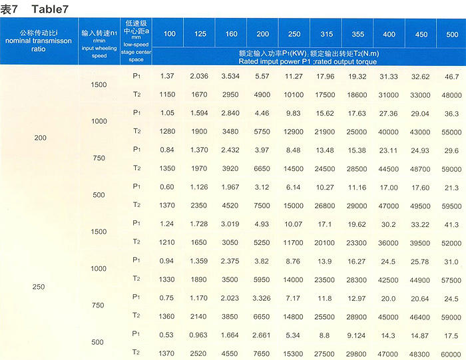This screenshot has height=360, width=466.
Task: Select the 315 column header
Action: tap(325, 34)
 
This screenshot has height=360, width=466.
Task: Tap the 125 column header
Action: tap(198, 34)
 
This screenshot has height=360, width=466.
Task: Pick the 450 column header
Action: tap(421, 34)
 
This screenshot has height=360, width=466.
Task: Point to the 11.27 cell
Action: tap(294, 77)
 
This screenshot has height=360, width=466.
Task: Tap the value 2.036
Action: tap(198, 77)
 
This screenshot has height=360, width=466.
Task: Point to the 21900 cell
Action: tap(325, 131)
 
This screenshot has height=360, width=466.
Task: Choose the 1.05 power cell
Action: tap(167, 113)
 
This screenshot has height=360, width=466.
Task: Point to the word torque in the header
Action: tap(365, 61)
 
